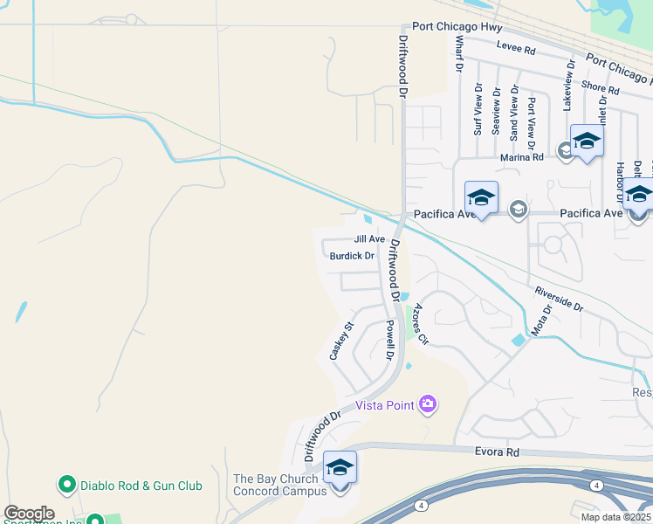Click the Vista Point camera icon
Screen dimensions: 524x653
click(x=428, y=403)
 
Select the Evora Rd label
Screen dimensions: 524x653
click(x=498, y=452)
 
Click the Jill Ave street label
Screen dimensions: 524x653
click(x=369, y=239)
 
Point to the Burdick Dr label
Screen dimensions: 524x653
click(x=353, y=257)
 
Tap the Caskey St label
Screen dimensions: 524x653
click(x=340, y=341)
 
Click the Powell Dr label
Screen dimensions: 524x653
click(x=389, y=341)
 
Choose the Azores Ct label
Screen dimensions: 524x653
click(x=421, y=323)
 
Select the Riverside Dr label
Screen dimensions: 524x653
click(x=556, y=298)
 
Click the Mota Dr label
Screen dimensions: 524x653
click(x=542, y=321)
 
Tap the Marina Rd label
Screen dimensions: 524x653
click(x=522, y=157)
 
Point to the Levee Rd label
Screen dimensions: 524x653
click(x=515, y=49)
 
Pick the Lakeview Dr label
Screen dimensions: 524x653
click(x=568, y=86)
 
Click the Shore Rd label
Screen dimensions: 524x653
click(x=600, y=88)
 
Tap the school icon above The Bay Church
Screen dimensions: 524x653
click(x=340, y=468)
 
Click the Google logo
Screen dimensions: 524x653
click(x=29, y=514)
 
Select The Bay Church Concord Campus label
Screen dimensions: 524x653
click(x=279, y=485)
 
